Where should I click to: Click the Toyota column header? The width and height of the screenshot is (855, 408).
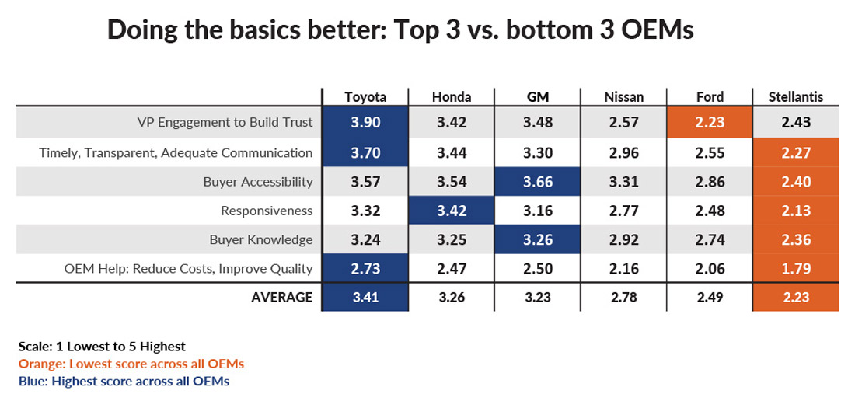(x=365, y=97)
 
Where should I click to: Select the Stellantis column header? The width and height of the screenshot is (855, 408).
(x=796, y=97)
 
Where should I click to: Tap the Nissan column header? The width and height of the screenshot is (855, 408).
(x=623, y=97)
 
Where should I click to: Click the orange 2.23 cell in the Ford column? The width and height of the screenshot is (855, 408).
(x=710, y=122)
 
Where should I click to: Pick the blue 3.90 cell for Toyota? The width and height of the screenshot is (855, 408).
(x=365, y=122)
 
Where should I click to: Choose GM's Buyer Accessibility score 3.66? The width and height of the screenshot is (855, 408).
(x=538, y=182)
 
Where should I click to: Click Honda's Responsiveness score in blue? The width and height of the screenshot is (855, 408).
(x=452, y=211)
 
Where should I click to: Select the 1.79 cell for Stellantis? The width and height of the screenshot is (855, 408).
(x=796, y=269)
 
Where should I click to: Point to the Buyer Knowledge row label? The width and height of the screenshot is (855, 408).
(x=260, y=240)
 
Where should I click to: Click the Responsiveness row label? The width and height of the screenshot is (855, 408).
(x=267, y=211)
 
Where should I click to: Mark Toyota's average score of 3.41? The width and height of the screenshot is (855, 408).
(x=365, y=297)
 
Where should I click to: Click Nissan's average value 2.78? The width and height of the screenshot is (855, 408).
(x=623, y=297)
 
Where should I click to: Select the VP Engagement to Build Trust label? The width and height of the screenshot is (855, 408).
(x=225, y=122)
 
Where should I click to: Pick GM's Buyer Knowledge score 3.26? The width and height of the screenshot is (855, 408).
(x=538, y=240)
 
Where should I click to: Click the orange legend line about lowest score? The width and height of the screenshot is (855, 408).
(x=131, y=364)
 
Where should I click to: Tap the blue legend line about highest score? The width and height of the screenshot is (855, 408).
(x=124, y=381)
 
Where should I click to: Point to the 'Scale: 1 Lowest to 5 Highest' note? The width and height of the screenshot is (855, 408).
(x=102, y=347)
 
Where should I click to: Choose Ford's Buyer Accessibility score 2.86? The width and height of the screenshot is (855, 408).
(x=710, y=182)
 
